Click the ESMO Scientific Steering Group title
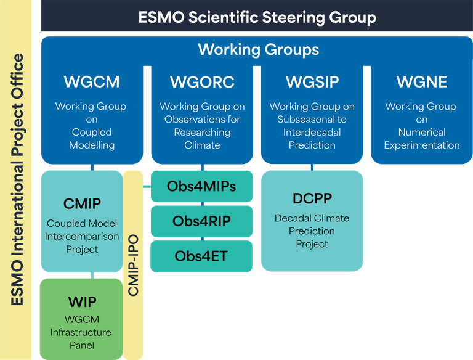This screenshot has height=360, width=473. pos(257,17)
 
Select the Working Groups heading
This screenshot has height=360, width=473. pos(258,49)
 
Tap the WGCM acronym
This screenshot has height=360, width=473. pos(91,82)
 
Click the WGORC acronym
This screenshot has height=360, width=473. pos(202,82)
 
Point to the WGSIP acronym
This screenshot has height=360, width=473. pos(312,82)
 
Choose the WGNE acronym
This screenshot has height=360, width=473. pos(421,82)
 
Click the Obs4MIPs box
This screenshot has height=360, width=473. pos(201,186)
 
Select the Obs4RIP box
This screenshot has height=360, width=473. pos(201,221)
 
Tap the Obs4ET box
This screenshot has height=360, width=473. pos(201,256)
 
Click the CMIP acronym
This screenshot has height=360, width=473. pos(82,203)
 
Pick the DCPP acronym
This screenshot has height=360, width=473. pos(312,198)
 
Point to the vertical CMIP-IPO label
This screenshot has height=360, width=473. pos(134,265)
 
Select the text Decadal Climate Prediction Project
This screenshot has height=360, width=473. pos(312,231)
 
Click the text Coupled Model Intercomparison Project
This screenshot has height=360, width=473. pos(82,236)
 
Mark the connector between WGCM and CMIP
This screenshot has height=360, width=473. pos(92,167)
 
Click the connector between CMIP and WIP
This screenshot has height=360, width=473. pos(92,275)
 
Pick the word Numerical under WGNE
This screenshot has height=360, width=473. pos(421,133)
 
